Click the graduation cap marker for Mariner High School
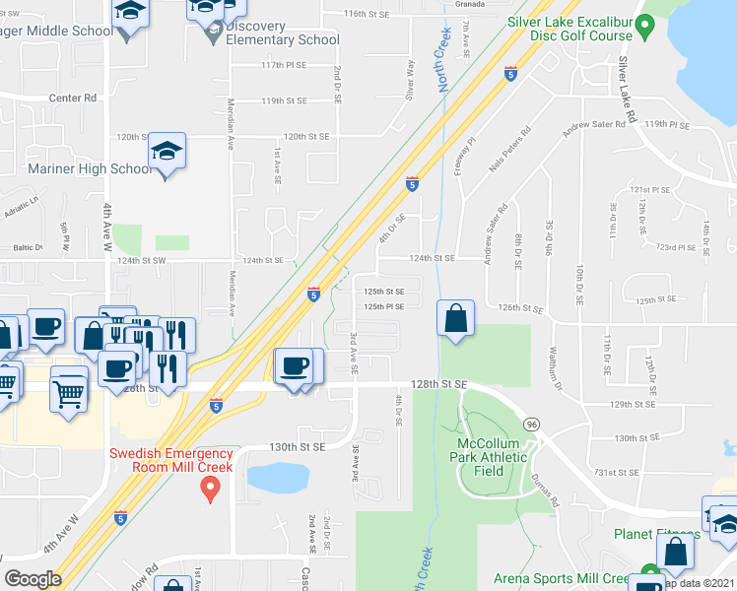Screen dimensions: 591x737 [x=167, y=153]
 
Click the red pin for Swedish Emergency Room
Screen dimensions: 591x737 [x=209, y=487]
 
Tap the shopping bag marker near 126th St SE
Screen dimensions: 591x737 [x=455, y=319]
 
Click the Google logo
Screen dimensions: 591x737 [x=33, y=579]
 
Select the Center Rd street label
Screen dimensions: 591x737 [x=78, y=98]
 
